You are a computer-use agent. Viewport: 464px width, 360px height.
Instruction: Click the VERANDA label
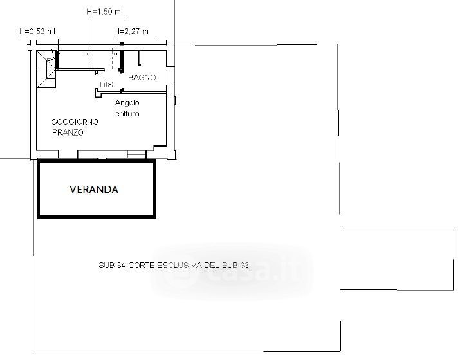(x=94, y=190)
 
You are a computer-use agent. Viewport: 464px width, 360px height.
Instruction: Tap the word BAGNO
(x=142, y=77)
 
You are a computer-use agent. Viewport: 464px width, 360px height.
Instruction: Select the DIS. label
(x=107, y=85)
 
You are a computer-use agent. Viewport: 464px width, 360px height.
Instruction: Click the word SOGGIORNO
(x=75, y=122)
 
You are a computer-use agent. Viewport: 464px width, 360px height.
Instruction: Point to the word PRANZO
(x=68, y=132)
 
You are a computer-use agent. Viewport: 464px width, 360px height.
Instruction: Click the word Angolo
(x=127, y=103)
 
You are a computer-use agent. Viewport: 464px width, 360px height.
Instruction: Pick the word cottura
(x=127, y=114)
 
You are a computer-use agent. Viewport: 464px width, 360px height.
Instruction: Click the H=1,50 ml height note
(x=104, y=12)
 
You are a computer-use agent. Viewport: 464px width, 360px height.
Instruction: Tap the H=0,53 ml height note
(x=37, y=32)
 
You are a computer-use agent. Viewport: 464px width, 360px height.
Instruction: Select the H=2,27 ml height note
(x=132, y=31)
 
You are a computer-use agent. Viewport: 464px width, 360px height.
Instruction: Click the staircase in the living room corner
(x=46, y=69)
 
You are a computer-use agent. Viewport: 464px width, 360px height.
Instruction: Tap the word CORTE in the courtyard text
(x=142, y=265)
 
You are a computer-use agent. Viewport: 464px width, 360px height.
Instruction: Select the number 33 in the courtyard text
(x=244, y=265)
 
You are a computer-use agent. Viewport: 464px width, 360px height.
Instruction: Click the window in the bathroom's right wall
(x=170, y=76)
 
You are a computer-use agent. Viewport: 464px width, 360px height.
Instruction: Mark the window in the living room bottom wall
(x=136, y=154)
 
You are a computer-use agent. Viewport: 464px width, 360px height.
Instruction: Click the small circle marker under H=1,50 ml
(x=88, y=54)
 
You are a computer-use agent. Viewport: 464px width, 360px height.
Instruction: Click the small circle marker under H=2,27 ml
(x=116, y=54)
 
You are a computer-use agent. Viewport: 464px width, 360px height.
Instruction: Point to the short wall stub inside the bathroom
(x=139, y=59)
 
